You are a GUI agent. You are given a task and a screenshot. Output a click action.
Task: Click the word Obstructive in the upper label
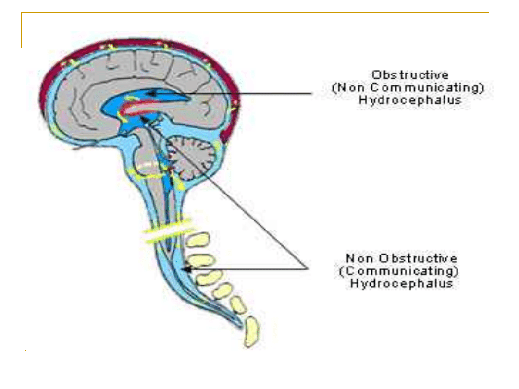pyautogui.click(x=410, y=75)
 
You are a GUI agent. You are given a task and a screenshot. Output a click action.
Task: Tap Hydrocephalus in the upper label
pyautogui.click(x=410, y=100)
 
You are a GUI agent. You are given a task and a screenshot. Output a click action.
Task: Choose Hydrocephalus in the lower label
pyautogui.click(x=401, y=283)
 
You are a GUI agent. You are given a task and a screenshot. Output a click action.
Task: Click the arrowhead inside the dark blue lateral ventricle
pyautogui.click(x=152, y=94)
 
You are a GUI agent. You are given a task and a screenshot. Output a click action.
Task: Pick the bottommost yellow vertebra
pyautogui.click(x=252, y=332)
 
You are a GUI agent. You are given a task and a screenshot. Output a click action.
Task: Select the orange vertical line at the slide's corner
pyautogui.click(x=22, y=30)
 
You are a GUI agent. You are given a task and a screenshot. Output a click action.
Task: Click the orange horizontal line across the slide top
pyautogui.click(x=255, y=13)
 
